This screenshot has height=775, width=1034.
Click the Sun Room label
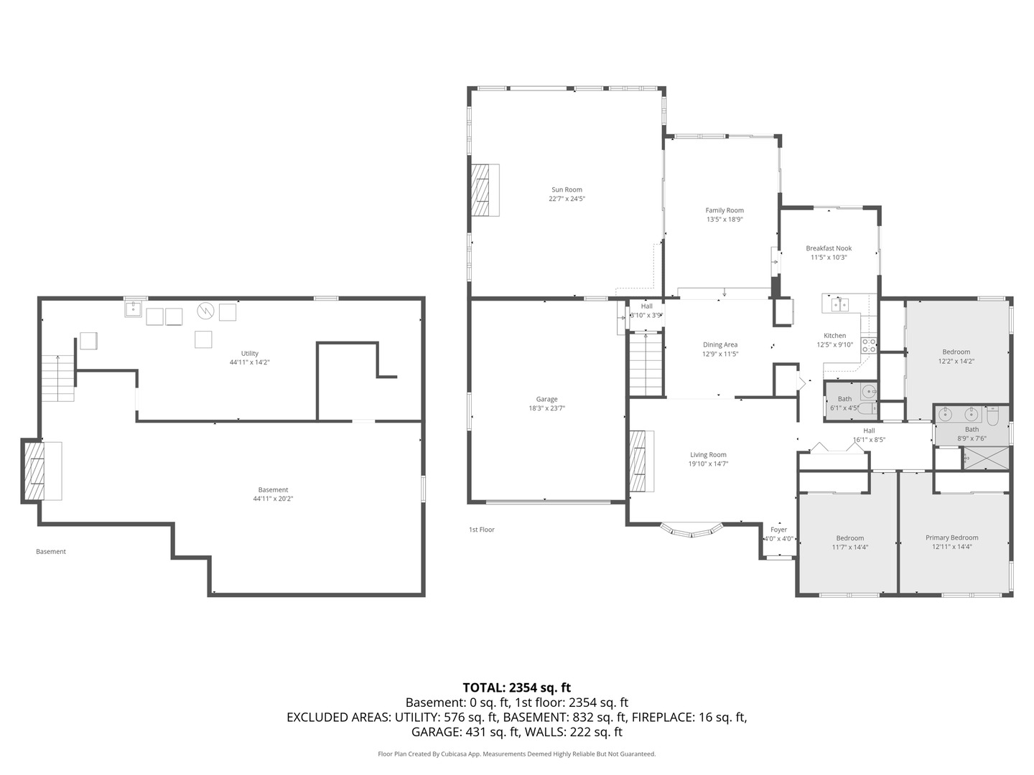tap(567, 189)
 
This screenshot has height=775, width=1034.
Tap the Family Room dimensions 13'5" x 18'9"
tap(725, 220)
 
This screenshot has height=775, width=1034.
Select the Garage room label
tap(546, 399)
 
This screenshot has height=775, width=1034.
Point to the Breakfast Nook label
tap(829, 248)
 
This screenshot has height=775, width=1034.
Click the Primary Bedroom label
tap(951, 537)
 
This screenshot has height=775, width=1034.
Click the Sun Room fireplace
tap(485, 190)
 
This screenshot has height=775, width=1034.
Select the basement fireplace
tap(42, 471)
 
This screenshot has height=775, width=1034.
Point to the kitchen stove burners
tap(869, 345)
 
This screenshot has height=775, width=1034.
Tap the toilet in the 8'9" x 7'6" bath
tap(992, 416)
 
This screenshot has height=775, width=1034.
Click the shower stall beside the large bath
tap(987, 459)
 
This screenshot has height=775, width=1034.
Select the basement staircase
tap(58, 378)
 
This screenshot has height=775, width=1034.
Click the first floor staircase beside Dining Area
tap(646, 365)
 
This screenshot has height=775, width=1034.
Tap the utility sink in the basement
tap(134, 309)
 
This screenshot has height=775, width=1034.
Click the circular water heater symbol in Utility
tap(205, 311)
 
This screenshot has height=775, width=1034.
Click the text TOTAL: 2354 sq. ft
tap(517, 687)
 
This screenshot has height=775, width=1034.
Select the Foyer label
tap(778, 530)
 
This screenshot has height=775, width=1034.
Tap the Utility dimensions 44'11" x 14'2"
tap(250, 362)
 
